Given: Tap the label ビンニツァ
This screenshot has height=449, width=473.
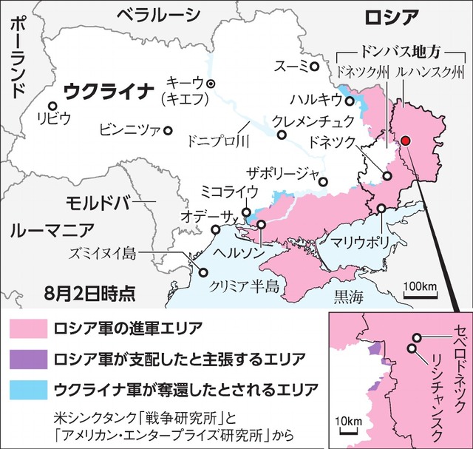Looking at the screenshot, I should tap(129, 130).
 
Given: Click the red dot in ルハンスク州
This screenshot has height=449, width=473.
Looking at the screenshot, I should tap(405, 141).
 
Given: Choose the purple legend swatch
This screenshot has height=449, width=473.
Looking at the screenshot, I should tap(26, 359).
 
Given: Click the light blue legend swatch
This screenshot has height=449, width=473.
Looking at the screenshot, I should tap(26, 390).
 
